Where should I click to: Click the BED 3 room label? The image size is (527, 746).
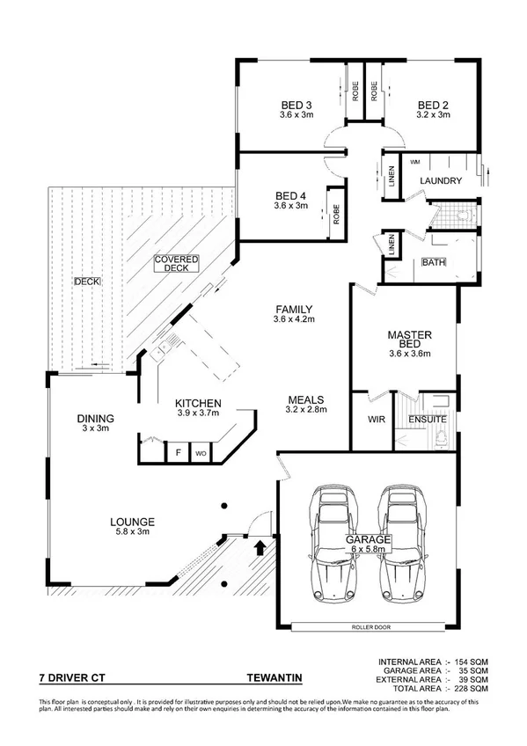290,105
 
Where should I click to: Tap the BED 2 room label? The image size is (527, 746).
433,105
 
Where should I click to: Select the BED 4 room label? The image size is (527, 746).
290,195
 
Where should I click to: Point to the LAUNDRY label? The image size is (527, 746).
441,181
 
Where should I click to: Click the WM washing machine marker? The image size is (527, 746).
414,162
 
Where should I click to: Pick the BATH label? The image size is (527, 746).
434,262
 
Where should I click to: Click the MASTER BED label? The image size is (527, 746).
408,340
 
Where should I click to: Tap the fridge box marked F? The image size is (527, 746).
179,453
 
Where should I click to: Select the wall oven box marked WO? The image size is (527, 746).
201,453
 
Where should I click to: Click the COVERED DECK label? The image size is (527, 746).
177,264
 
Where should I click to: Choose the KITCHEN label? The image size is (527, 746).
197,404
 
